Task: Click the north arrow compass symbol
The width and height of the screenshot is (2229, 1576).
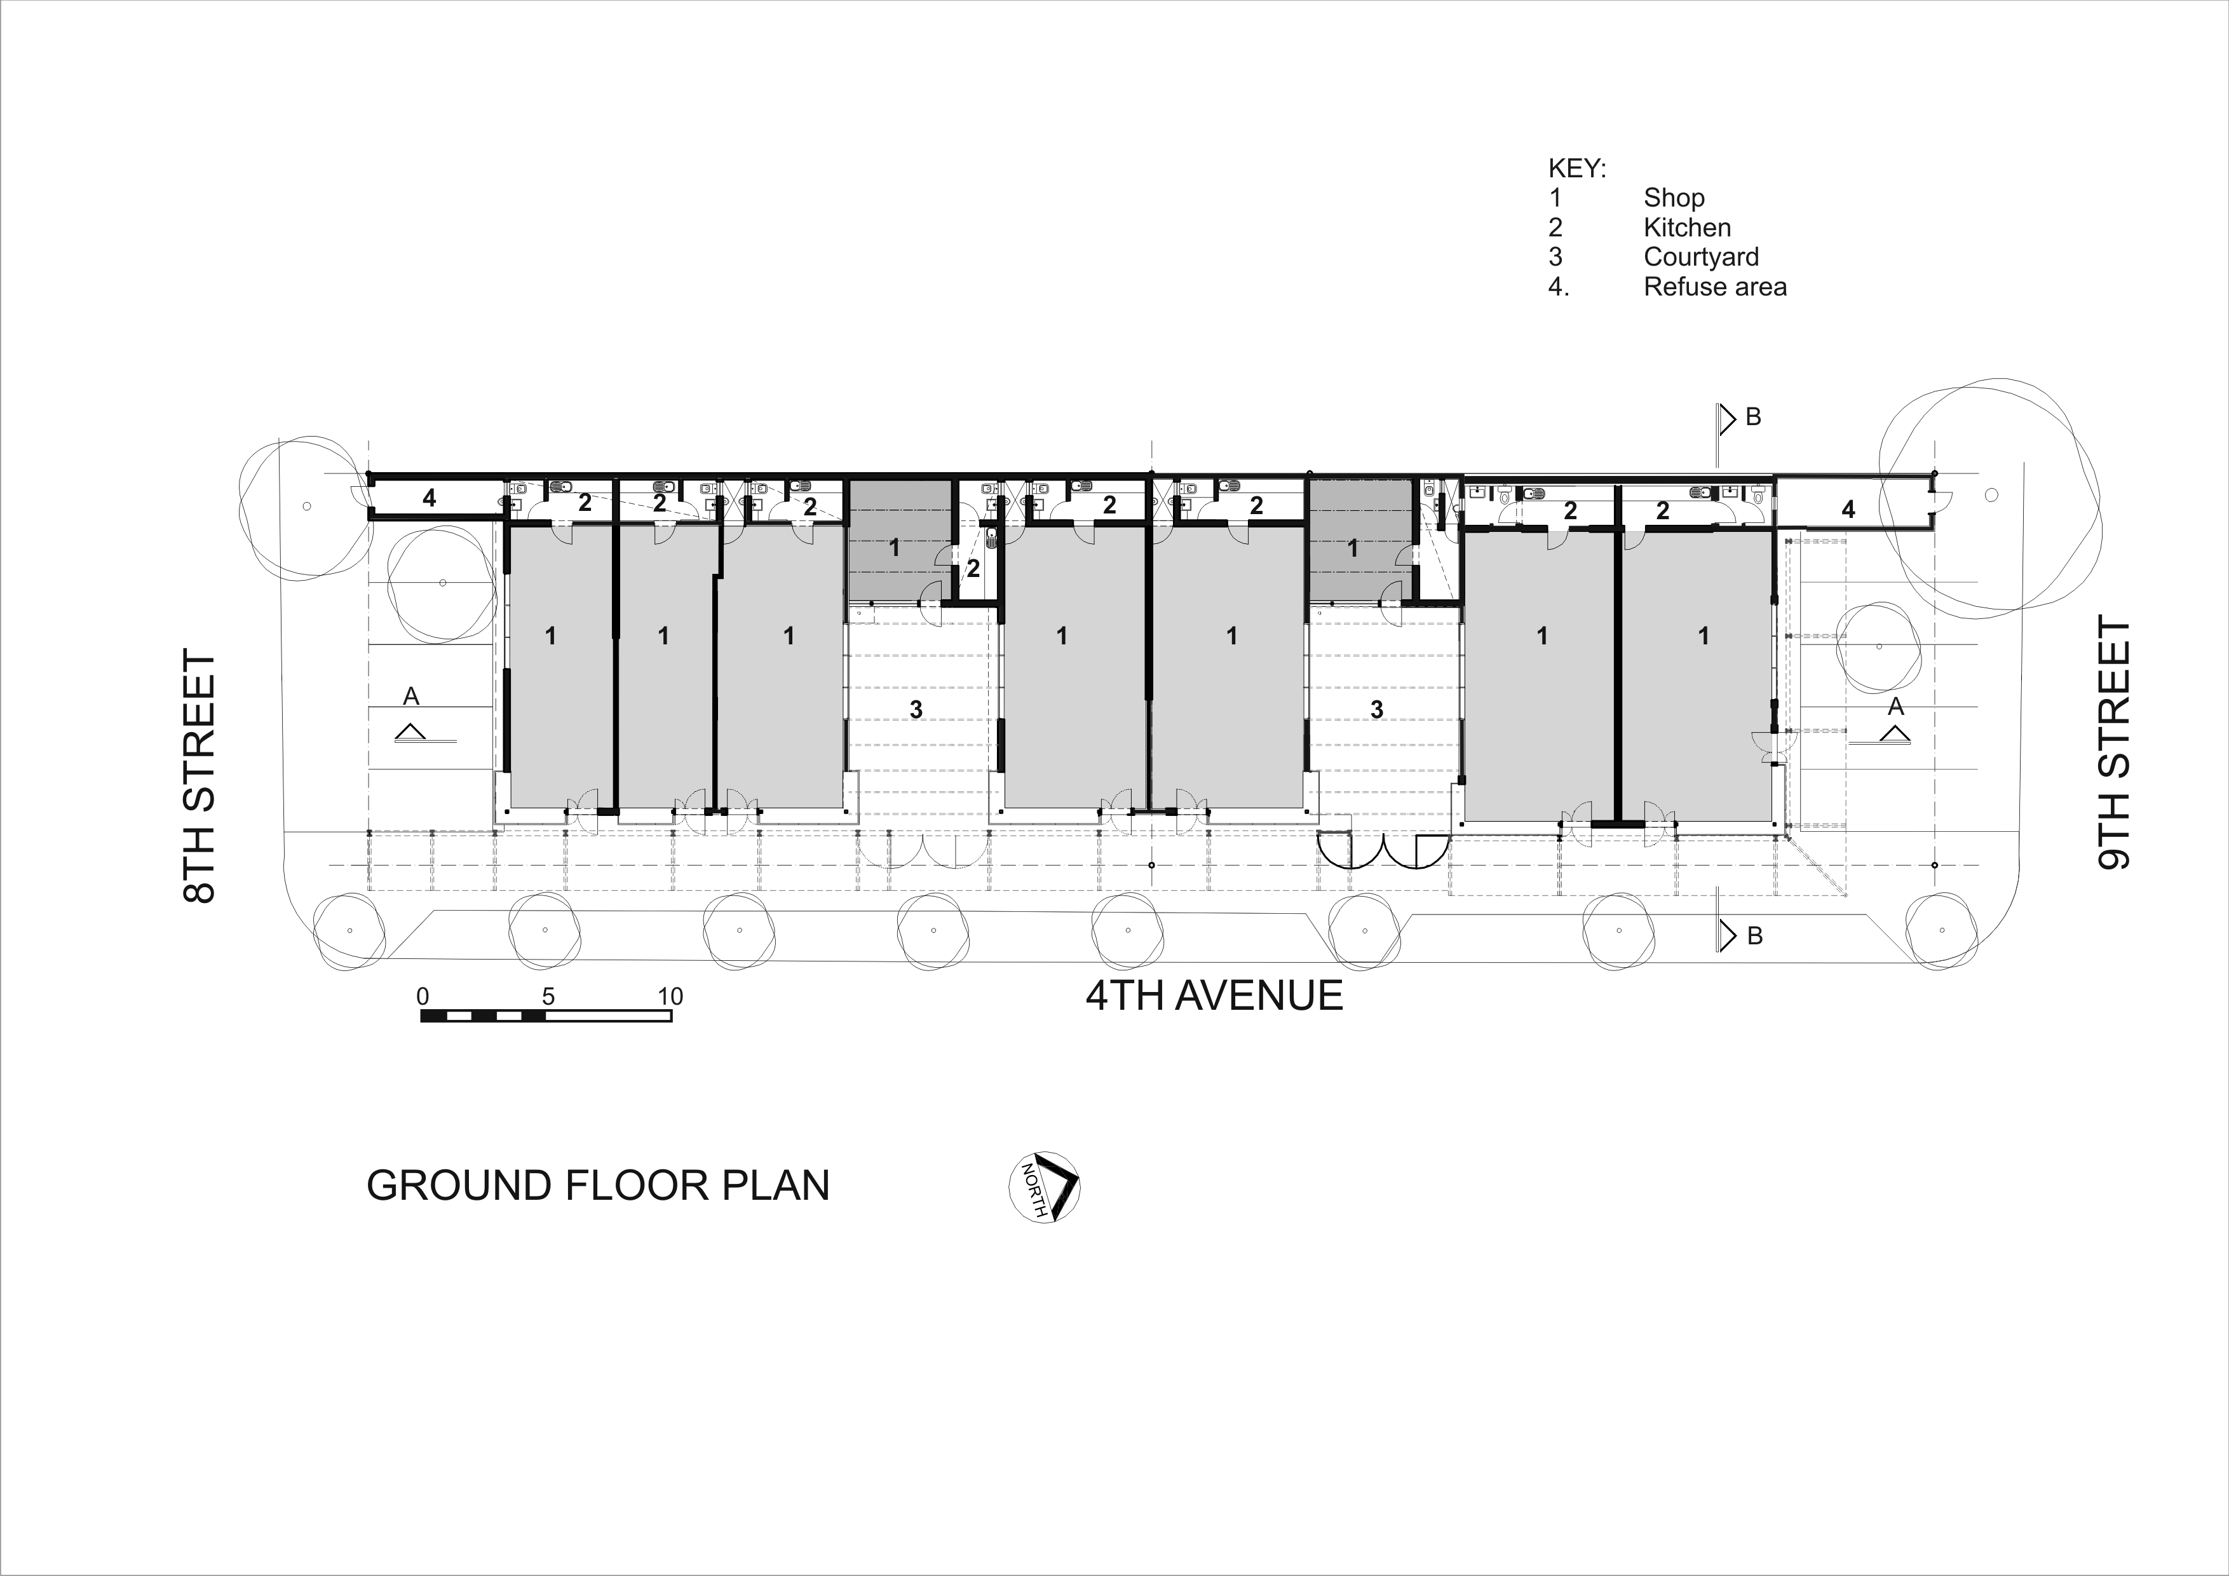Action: click(x=1045, y=1186)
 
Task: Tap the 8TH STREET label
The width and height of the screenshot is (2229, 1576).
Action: click(x=200, y=777)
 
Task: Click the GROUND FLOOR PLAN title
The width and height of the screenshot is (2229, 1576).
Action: click(x=598, y=1186)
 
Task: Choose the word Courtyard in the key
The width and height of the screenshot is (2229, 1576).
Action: click(x=1701, y=257)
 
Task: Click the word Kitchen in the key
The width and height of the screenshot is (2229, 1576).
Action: click(x=1687, y=228)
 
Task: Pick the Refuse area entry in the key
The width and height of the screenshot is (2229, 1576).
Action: click(x=1714, y=287)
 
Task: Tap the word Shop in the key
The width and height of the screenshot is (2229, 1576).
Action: click(x=1674, y=198)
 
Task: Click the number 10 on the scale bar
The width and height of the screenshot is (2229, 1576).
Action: click(x=670, y=996)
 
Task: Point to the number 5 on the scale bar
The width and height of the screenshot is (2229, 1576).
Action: click(x=548, y=996)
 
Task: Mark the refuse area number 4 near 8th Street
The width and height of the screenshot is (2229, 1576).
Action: click(x=429, y=499)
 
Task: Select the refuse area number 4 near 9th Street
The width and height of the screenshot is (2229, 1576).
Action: click(x=1848, y=509)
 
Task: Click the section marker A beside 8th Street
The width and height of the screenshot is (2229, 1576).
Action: click(x=410, y=696)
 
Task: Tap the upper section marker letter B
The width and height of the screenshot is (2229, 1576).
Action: click(x=1753, y=417)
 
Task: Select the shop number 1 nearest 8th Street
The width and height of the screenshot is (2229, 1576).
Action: click(x=550, y=636)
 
